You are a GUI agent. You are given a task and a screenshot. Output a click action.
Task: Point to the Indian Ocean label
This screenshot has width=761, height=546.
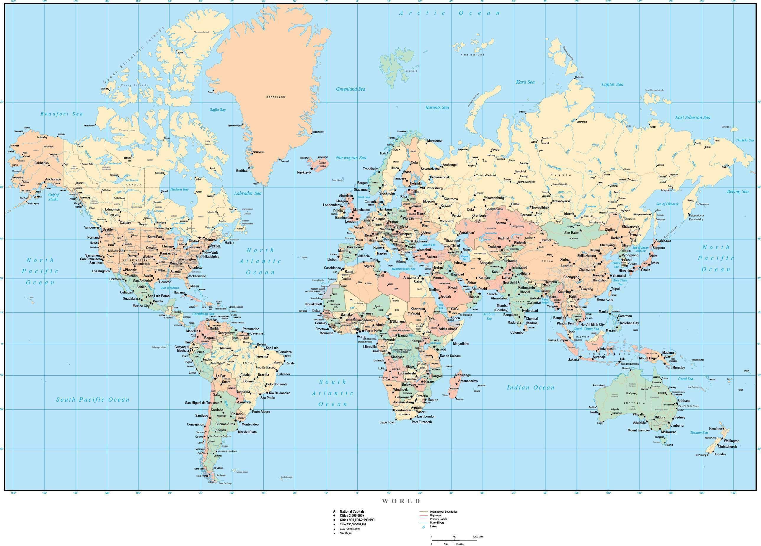(x=530, y=388)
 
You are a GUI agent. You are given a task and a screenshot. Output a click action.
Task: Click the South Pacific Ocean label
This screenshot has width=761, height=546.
(x=93, y=400)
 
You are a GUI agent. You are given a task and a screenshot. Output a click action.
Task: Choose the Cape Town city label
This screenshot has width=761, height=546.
(x=387, y=423)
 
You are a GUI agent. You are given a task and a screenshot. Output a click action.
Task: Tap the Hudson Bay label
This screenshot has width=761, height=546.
(x=179, y=189)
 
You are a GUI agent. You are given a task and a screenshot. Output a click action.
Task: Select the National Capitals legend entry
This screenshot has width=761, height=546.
(x=352, y=511)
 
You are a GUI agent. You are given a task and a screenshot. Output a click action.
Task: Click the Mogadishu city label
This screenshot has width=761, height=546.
(x=461, y=344)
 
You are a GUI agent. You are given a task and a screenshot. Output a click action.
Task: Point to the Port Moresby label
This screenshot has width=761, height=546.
(x=675, y=367)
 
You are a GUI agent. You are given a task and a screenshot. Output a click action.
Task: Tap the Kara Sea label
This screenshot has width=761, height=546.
(x=525, y=82)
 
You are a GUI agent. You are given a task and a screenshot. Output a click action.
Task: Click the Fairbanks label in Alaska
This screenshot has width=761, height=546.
(x=42, y=163)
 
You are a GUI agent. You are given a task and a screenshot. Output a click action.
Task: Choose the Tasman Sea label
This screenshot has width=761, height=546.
(x=699, y=433)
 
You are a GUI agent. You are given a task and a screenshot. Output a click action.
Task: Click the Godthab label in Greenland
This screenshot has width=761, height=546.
(x=242, y=171)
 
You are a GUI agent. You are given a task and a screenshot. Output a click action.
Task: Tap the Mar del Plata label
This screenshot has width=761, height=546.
(x=247, y=432)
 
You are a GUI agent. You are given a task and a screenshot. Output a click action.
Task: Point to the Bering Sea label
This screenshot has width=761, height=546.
(x=737, y=192)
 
